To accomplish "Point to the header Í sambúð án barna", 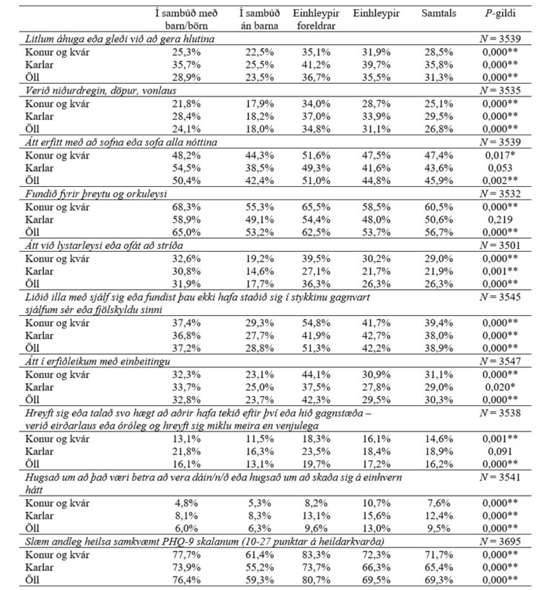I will pyautogui.click(x=255, y=20).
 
